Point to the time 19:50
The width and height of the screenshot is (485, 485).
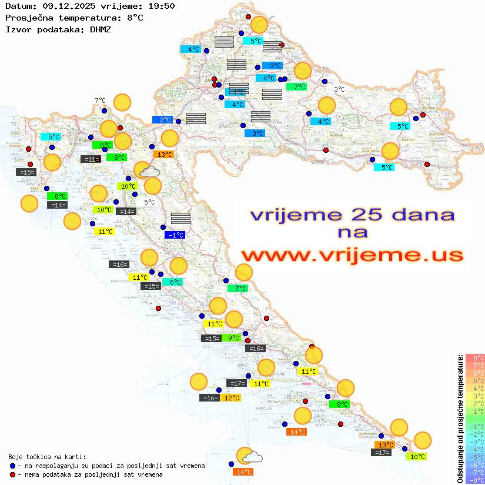[160, 6]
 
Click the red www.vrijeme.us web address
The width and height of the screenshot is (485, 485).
[352, 255]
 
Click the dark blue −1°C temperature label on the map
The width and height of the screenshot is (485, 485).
[175, 235]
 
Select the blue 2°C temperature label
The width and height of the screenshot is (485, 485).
[162, 120]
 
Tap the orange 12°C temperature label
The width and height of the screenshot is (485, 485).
[232, 398]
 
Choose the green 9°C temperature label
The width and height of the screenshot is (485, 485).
[234, 338]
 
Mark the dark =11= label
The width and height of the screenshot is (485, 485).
[89, 159]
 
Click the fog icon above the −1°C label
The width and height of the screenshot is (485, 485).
[180, 219]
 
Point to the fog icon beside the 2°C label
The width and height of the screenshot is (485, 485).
[196, 118]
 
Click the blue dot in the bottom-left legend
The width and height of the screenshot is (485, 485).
[13, 466]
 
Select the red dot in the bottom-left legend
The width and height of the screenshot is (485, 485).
[13, 474]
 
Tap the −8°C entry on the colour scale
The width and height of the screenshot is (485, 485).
[475, 480]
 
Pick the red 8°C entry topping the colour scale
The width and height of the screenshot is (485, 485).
[475, 357]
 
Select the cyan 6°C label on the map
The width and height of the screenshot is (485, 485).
[175, 282]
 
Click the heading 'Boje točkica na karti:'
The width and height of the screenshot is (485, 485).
[47, 456]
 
